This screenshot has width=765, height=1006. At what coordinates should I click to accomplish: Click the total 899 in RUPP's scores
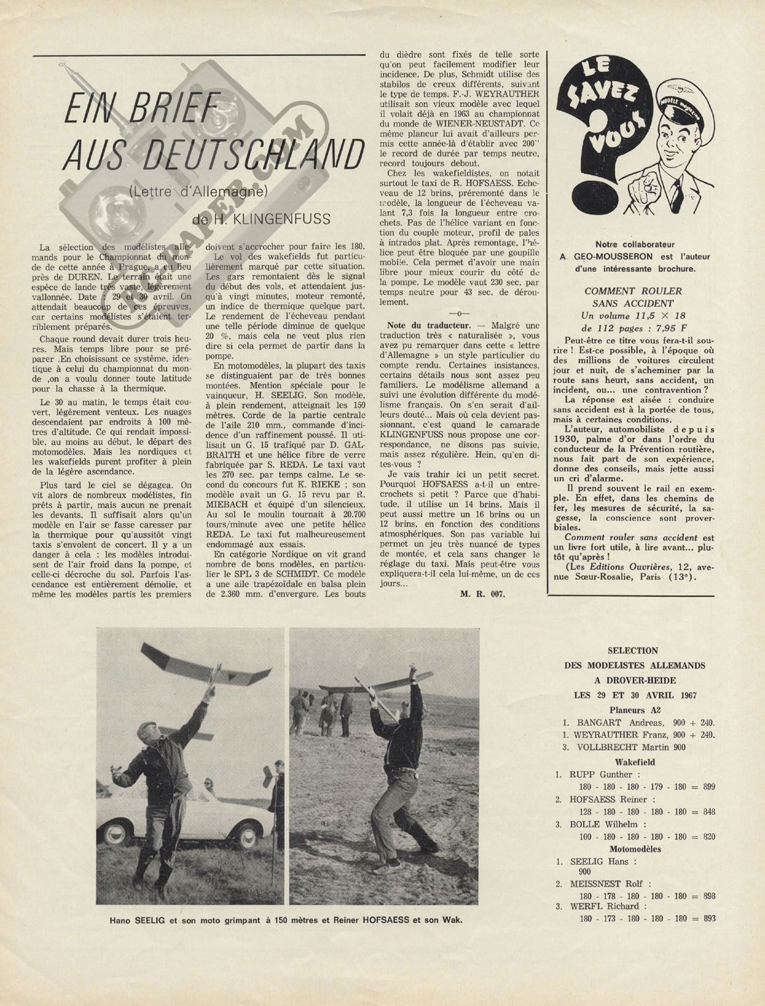point(705,787)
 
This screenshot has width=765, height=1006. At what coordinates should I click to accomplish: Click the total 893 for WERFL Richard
point(705,918)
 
